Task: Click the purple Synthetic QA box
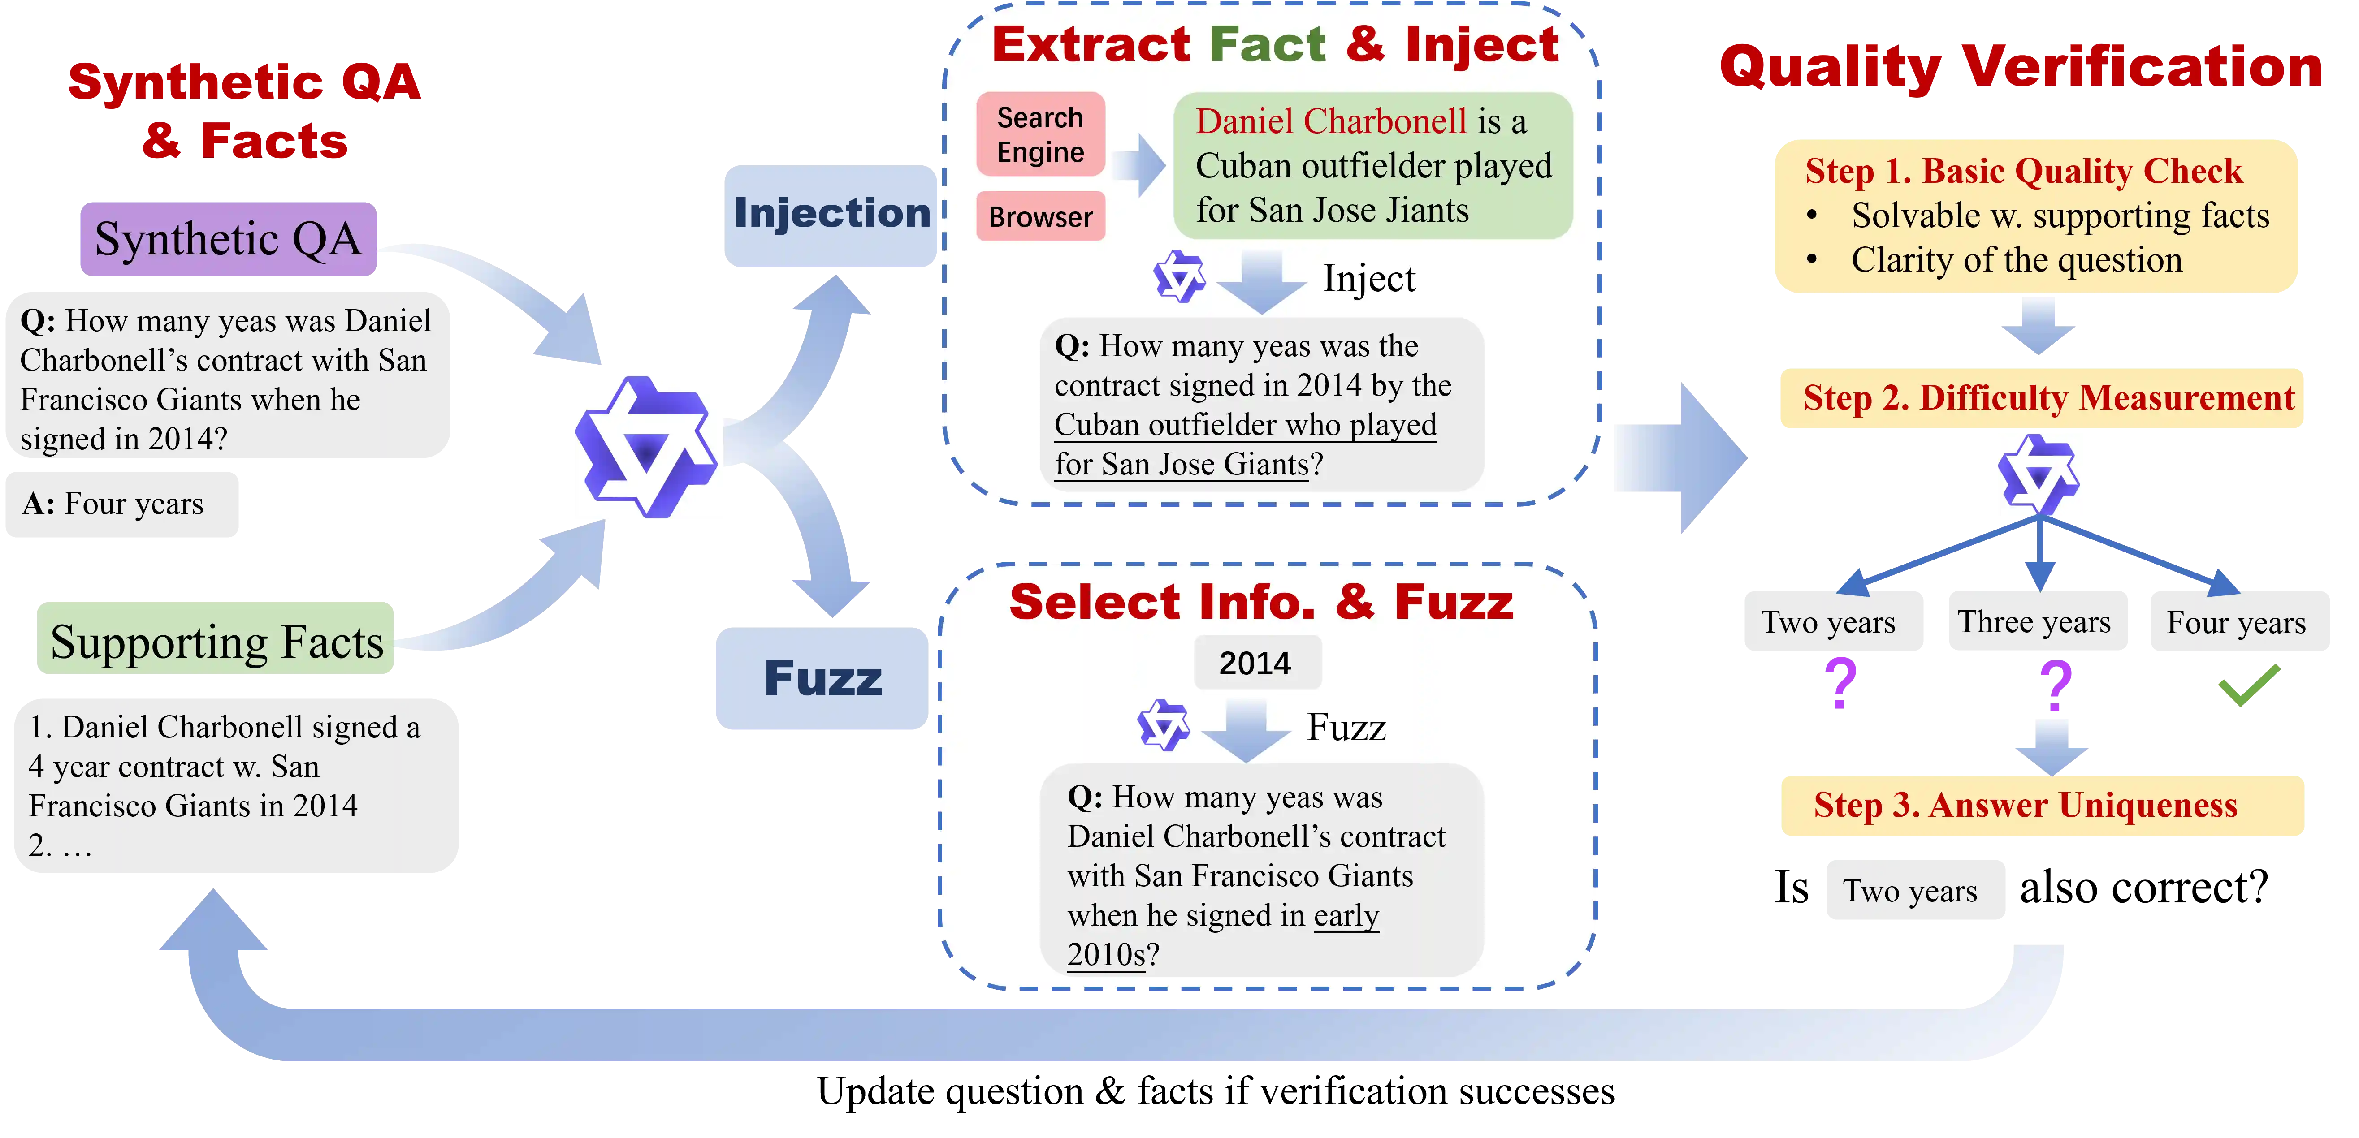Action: [228, 239]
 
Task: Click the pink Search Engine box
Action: [1040, 134]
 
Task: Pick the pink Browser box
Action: [1040, 217]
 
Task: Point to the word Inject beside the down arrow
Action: [1369, 278]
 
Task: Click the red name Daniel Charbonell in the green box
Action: [1331, 122]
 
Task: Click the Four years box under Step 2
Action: [2237, 621]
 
